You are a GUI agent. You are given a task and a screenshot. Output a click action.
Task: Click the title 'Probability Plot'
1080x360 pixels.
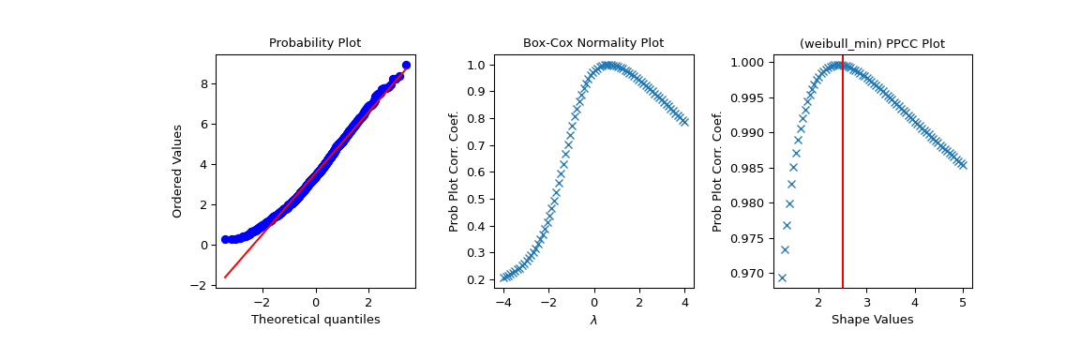[x=315, y=43]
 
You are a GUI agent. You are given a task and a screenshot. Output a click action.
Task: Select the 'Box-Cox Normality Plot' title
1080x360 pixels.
[x=592, y=43]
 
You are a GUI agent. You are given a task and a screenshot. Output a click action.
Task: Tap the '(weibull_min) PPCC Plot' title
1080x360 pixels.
[x=871, y=43]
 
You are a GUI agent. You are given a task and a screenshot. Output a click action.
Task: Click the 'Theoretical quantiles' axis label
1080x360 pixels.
[x=315, y=320]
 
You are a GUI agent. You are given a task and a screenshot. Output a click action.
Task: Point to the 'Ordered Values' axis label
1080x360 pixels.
[x=177, y=171]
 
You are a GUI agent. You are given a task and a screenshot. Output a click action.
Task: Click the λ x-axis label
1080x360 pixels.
[x=592, y=320]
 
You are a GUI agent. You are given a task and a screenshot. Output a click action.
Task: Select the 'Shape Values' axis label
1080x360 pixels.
[x=871, y=320]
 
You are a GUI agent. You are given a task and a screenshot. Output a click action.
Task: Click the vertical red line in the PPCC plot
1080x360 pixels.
[x=843, y=187]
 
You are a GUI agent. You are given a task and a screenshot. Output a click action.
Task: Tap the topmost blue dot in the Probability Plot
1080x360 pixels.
[x=406, y=66]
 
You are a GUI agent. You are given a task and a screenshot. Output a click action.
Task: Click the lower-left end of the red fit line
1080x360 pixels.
[x=225, y=277]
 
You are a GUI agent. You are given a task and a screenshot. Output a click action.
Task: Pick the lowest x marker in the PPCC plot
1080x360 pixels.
[x=782, y=277]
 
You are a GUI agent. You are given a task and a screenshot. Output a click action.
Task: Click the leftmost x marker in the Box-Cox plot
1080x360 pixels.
[x=504, y=277]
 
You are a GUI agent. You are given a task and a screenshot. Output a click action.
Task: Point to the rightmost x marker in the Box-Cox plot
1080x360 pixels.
[x=683, y=122]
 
